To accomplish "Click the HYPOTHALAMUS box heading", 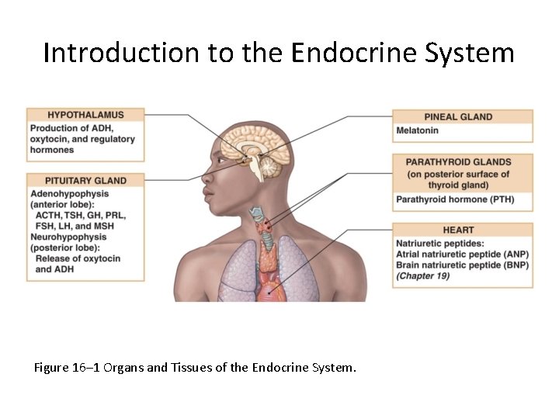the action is click(x=85, y=115).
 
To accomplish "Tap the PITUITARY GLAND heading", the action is click(x=85, y=180).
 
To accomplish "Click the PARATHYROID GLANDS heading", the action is click(x=462, y=161).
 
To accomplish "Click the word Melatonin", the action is click(x=418, y=130).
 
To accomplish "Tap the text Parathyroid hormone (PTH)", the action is click(x=454, y=199).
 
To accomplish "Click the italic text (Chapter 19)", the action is click(x=422, y=275).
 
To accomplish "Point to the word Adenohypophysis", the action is click(x=69, y=193).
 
